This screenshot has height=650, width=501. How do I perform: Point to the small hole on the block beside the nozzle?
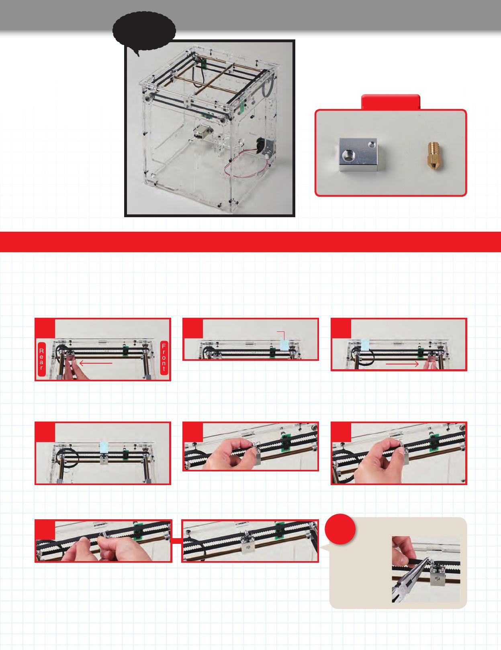(x=372, y=145)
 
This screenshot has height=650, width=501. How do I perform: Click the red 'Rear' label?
(x=41, y=359)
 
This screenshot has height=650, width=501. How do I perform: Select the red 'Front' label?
(x=164, y=358)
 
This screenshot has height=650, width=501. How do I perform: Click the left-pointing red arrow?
(x=96, y=364)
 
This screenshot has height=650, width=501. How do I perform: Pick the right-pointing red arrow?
(x=402, y=364)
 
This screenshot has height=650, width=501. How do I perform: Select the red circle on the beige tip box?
(x=340, y=529)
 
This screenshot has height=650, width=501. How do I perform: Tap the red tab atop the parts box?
(x=391, y=102)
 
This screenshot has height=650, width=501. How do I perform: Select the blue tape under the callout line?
(x=284, y=345)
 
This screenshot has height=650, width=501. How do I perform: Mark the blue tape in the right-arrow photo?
(x=365, y=344)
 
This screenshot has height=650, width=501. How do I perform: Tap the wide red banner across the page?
(x=250, y=242)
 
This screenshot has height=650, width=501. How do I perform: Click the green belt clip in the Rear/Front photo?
(x=125, y=351)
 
